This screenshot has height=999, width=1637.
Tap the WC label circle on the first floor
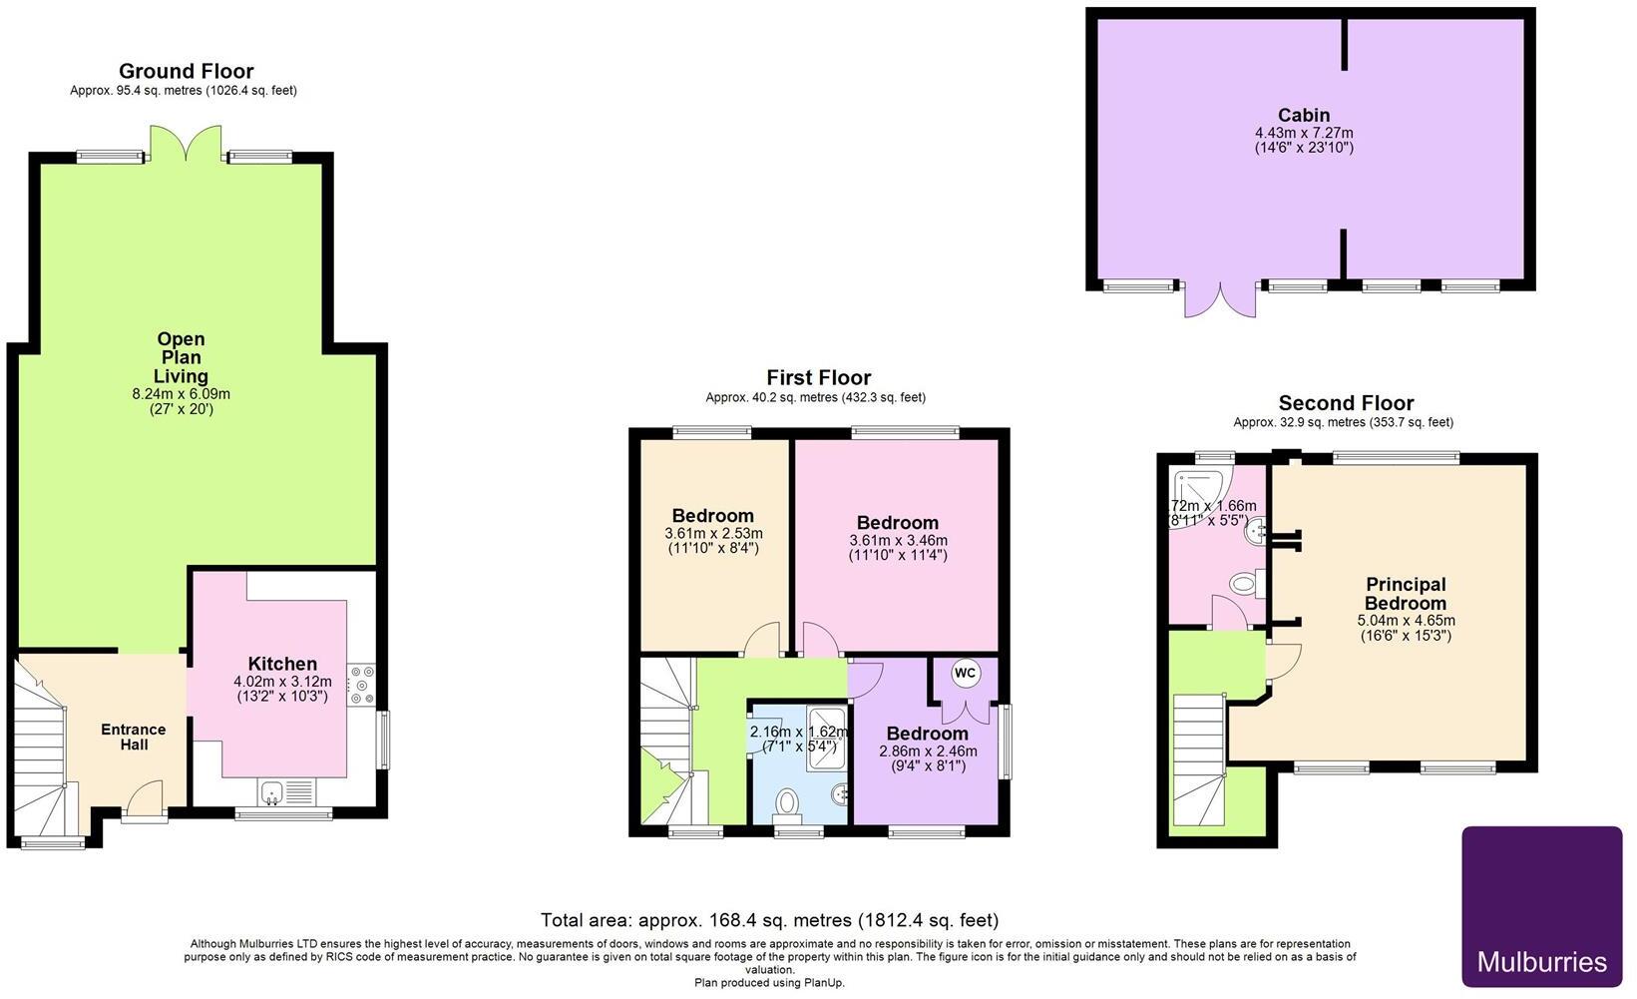pos(965,674)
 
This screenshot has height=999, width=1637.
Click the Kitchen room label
pos(282,664)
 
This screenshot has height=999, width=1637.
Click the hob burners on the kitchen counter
pos(359,685)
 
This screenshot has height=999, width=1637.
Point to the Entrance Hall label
pos(133,737)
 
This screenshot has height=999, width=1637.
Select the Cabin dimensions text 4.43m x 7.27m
pos(1304,133)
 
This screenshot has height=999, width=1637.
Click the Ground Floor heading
pos(186,71)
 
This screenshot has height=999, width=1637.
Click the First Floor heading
pos(818,377)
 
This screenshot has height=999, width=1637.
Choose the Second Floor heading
pos(1346,403)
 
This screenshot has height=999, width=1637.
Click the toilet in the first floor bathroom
pos(788,802)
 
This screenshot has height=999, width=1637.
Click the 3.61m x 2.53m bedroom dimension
pos(713,534)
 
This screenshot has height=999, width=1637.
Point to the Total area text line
pos(768,920)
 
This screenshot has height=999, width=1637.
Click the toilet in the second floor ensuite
pos(1245,584)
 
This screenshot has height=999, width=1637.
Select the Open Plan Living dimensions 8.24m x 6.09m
pos(181,394)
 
